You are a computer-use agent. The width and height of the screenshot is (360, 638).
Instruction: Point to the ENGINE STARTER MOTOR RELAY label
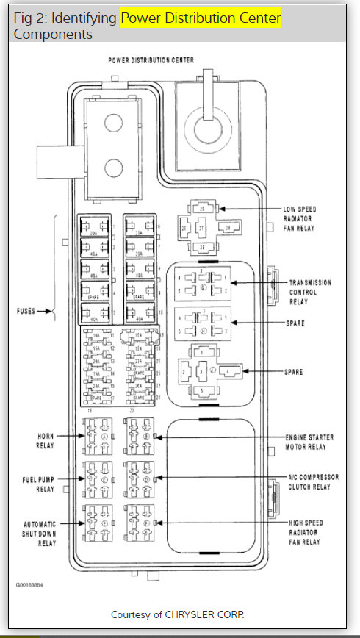[309, 441]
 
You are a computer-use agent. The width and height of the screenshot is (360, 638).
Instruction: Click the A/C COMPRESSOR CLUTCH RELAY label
[312, 481]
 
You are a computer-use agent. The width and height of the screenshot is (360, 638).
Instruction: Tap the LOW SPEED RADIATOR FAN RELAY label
[300, 218]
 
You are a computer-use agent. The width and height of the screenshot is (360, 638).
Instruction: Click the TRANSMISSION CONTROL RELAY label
[309, 291]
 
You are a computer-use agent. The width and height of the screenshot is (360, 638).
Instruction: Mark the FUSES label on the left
[26, 312]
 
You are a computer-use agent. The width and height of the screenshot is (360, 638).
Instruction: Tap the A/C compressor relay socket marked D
[140, 478]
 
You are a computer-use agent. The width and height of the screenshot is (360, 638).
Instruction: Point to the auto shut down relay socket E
[98, 523]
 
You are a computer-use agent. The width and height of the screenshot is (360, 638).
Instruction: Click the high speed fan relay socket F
[140, 523]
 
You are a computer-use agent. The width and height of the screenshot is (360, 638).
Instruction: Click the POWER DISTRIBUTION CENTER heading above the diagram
[151, 60]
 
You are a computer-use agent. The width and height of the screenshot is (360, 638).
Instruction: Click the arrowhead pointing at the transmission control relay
[233, 282]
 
